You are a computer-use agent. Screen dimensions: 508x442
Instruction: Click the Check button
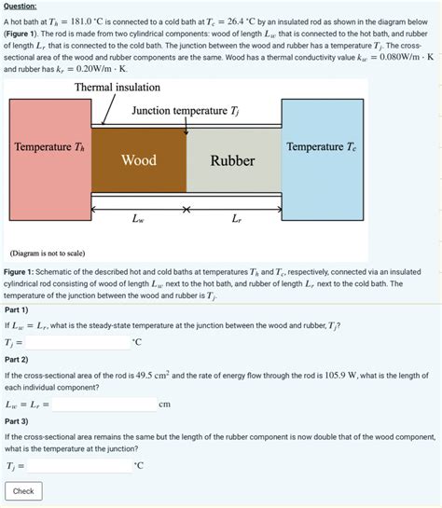pos(23,491)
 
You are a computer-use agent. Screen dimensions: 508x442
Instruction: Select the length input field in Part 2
pos(104,405)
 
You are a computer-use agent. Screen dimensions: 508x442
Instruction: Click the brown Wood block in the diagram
pos(138,160)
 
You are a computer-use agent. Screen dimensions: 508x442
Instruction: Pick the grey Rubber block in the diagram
pos(232,160)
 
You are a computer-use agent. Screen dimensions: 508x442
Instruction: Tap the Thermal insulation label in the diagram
pos(117,87)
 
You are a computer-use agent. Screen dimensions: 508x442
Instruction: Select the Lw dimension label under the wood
pos(138,221)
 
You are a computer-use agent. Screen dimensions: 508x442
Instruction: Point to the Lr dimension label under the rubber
pos(237,221)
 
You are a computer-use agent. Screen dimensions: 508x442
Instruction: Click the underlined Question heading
pos(23,6)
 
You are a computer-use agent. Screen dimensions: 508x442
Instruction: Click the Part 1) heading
pos(18,309)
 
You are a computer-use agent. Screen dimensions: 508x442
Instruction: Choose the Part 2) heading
pos(18,359)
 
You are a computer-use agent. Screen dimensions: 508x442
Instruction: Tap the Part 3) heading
pos(18,420)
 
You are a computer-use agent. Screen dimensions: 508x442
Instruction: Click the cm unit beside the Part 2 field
pos(165,405)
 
